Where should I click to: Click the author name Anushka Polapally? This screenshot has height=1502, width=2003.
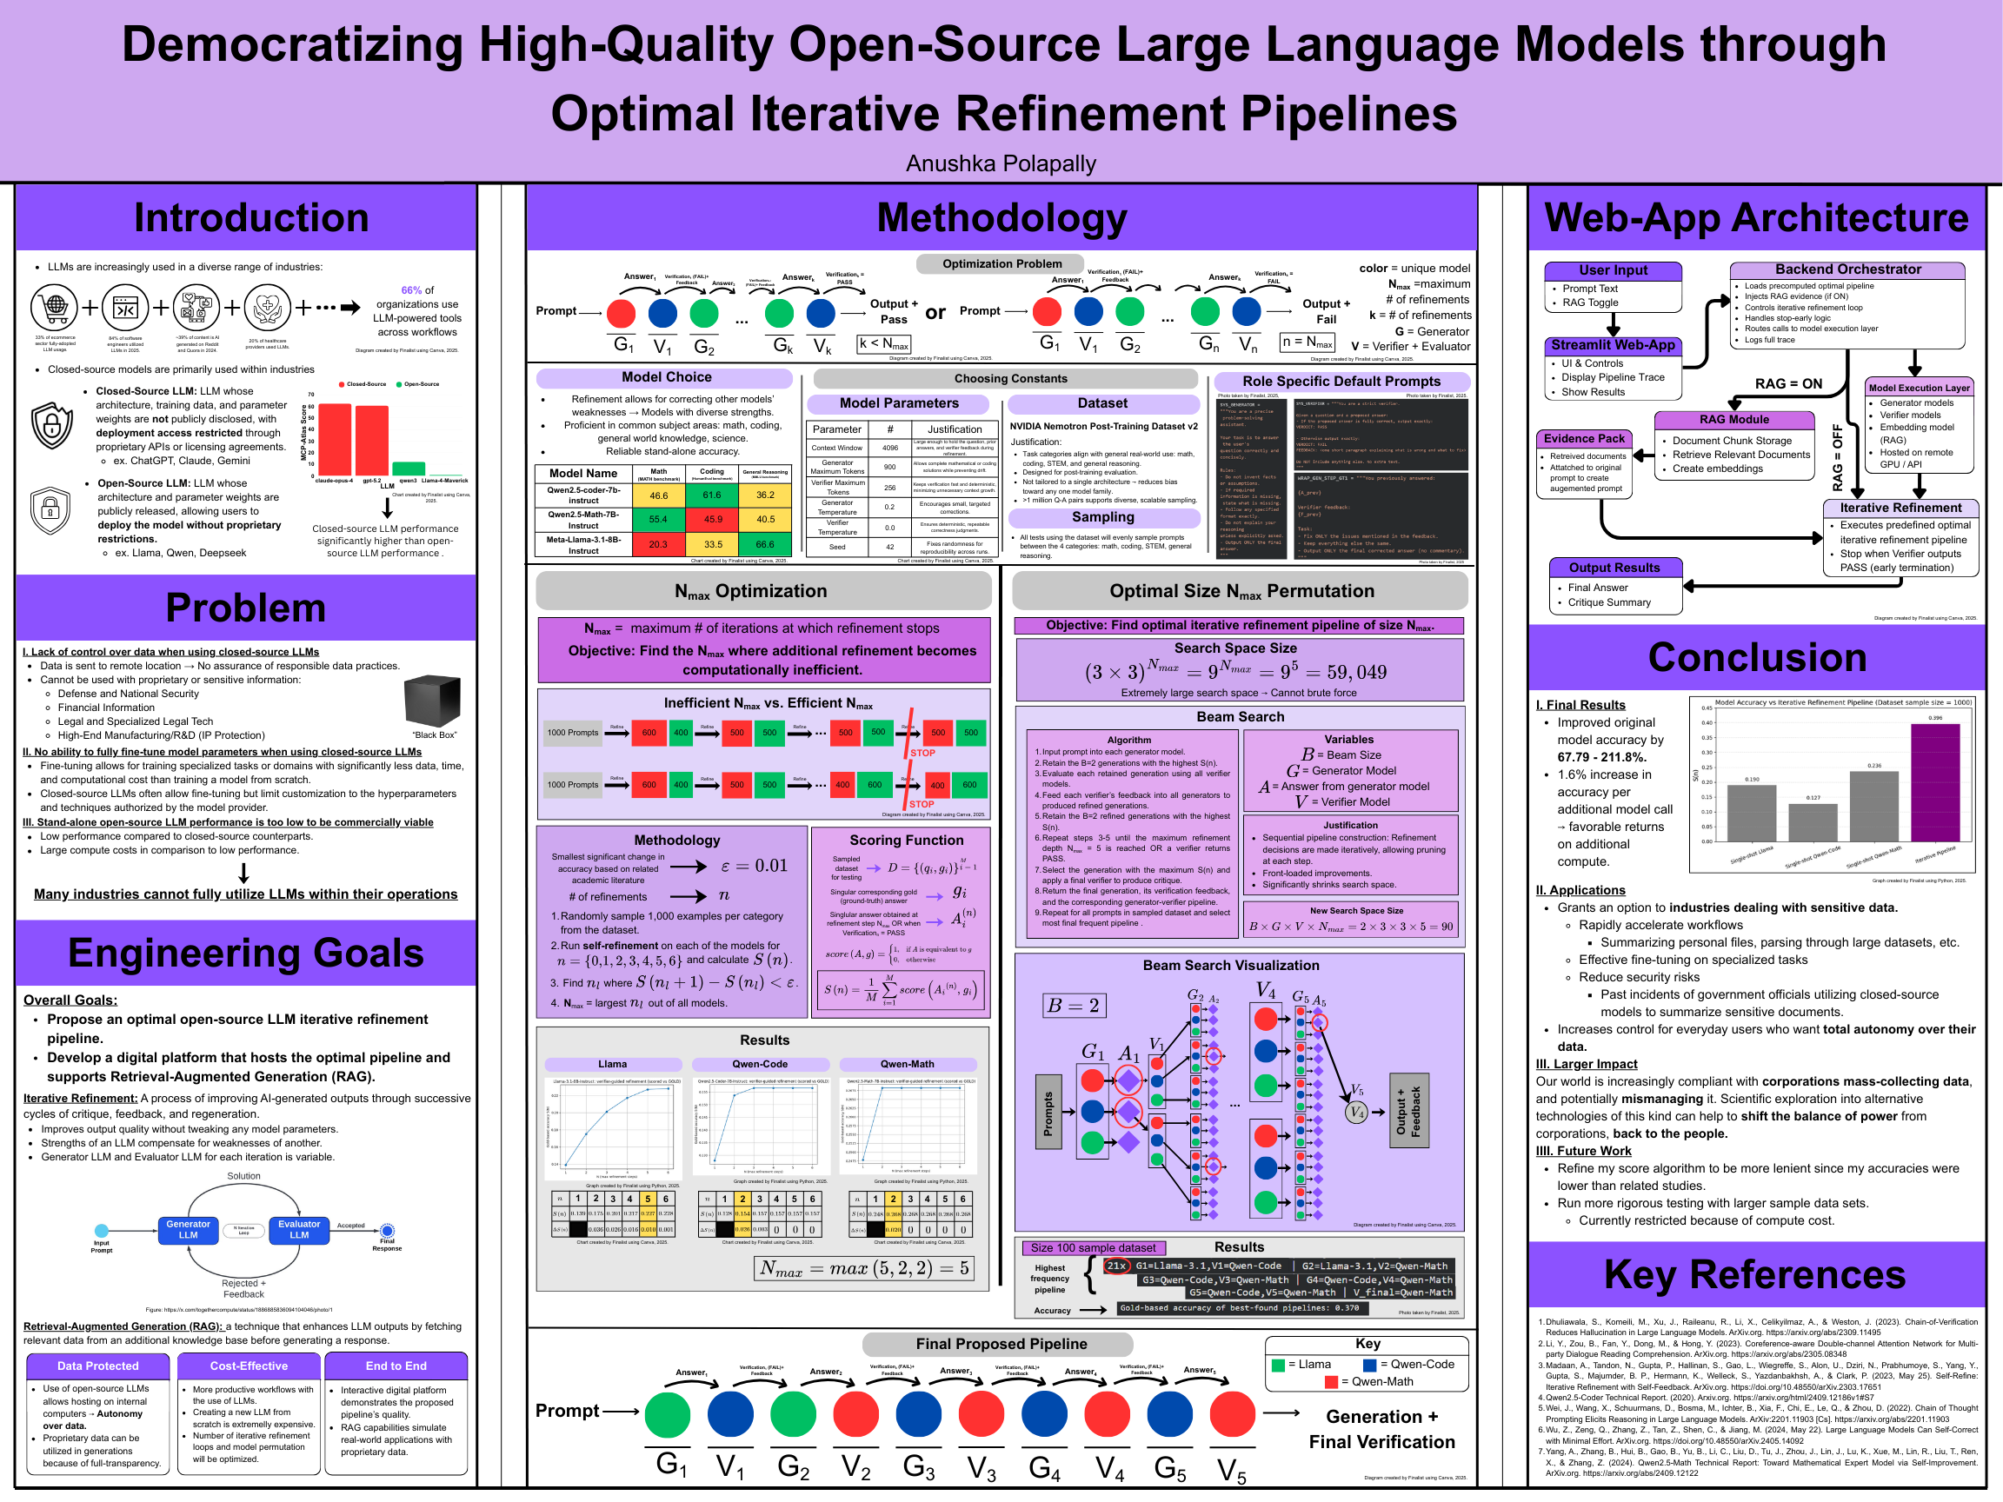click(x=1001, y=164)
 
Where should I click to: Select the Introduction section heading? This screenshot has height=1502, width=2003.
click(x=251, y=218)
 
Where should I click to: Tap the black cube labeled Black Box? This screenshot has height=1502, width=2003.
click(x=432, y=701)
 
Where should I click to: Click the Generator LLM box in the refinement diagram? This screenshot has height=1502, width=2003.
click(x=188, y=1229)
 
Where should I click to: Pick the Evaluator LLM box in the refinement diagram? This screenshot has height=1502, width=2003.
click(x=299, y=1229)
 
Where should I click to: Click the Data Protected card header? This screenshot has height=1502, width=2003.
click(x=97, y=1366)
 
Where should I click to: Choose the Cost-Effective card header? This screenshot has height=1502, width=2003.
click(x=248, y=1366)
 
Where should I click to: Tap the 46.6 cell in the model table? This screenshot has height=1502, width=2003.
click(x=658, y=495)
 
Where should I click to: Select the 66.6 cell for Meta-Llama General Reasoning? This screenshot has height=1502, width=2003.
click(x=765, y=544)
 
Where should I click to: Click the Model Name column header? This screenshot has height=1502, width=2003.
click(x=583, y=474)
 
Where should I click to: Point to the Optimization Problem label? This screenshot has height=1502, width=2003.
click(x=1001, y=264)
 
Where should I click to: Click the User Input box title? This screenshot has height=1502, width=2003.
click(x=1613, y=270)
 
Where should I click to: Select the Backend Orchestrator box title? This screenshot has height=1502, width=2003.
click(x=1847, y=269)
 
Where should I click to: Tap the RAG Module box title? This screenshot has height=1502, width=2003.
click(x=1733, y=420)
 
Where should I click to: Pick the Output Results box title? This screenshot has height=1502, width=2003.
click(x=1614, y=568)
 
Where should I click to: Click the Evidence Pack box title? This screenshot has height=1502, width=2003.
click(x=1584, y=439)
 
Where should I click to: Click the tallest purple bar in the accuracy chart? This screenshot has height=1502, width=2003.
click(x=1934, y=782)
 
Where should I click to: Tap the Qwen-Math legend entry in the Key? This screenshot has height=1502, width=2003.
click(x=1368, y=1381)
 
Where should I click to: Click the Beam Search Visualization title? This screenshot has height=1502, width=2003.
click(x=1231, y=965)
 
